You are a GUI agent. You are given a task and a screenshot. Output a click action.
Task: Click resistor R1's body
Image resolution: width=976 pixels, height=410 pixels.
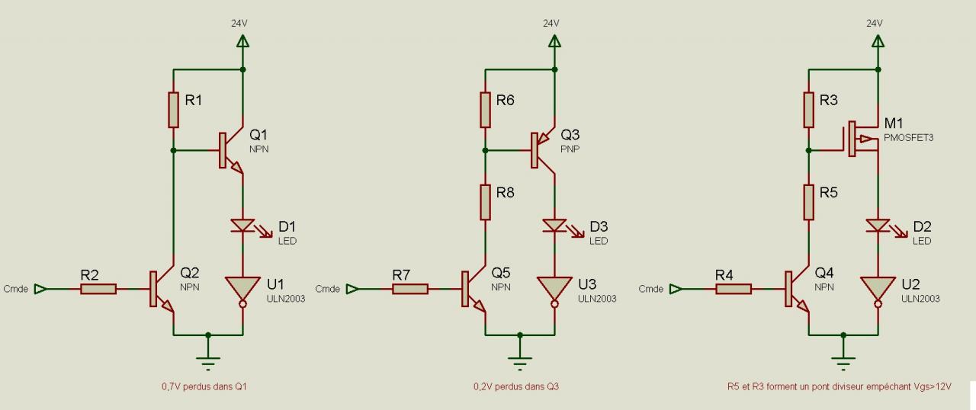[173, 110]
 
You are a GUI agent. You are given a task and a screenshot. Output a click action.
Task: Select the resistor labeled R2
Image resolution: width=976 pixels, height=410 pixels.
[98, 289]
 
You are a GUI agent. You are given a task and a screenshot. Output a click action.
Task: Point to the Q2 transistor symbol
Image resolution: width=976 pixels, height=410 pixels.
[161, 290]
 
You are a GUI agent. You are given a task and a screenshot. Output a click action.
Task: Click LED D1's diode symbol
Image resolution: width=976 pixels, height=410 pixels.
[242, 226]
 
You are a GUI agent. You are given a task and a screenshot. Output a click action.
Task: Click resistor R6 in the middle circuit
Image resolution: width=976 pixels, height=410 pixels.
[484, 110]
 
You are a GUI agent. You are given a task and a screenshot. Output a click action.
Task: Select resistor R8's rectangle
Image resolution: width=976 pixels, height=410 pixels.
[484, 201]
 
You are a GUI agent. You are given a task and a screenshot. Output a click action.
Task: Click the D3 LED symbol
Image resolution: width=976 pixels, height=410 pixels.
[554, 226]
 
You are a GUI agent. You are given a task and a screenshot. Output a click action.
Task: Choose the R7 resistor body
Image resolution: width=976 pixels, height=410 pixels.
[409, 289]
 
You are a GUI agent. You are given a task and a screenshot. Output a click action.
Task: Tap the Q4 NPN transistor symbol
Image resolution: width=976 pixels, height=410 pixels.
[796, 290]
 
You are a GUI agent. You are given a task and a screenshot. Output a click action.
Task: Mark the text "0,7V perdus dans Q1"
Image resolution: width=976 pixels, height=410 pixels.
[204, 386]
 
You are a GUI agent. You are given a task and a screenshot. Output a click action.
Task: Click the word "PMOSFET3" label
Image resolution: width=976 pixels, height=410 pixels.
[908, 137]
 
